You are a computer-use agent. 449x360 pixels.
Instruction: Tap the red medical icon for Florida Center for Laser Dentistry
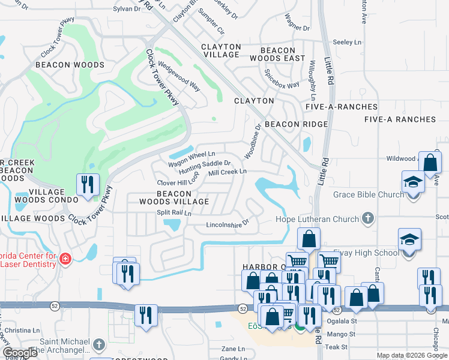click(65, 260)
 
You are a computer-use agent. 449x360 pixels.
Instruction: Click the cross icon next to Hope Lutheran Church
click(368, 219)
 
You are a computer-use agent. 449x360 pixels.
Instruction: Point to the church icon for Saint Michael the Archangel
click(100, 345)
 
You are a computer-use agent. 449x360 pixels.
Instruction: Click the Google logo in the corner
click(20, 353)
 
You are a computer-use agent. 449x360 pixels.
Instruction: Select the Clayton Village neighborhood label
click(221, 50)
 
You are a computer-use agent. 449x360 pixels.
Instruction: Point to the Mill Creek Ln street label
click(228, 172)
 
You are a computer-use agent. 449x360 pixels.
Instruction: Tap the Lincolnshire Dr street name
click(227, 223)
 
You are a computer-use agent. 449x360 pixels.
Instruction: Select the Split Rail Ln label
click(173, 213)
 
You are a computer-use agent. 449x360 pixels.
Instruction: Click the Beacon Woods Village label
click(174, 197)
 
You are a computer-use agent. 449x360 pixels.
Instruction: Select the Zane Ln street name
click(233, 349)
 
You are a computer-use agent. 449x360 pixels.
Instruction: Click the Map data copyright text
click(412, 355)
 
